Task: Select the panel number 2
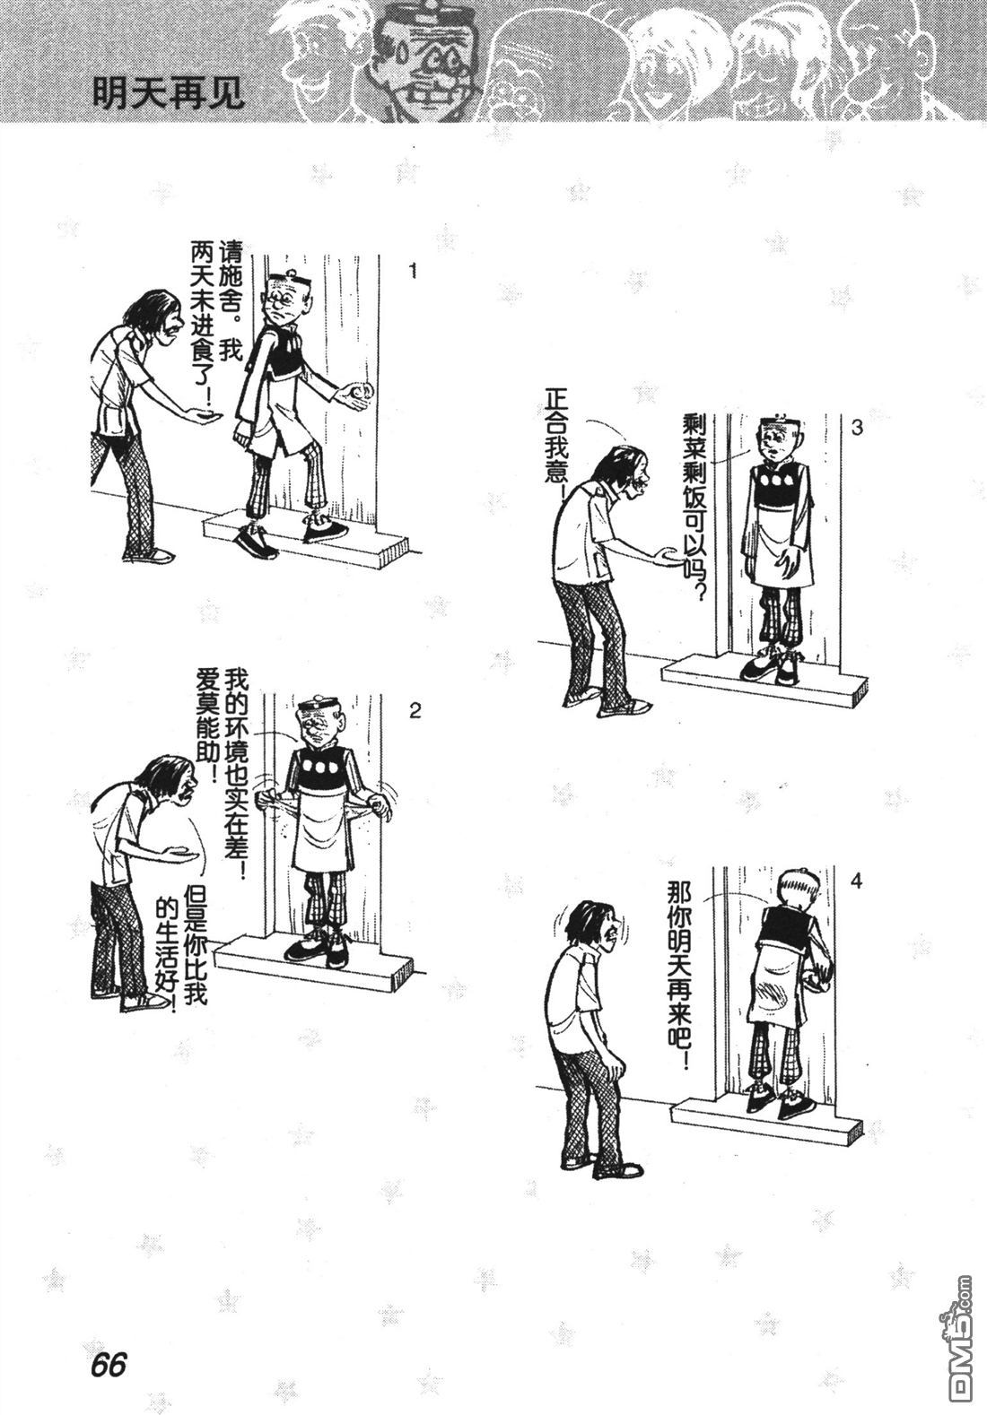415,712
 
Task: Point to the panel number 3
857,428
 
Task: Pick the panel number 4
856,881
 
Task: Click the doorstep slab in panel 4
767,1124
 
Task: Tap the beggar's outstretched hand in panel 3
667,555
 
